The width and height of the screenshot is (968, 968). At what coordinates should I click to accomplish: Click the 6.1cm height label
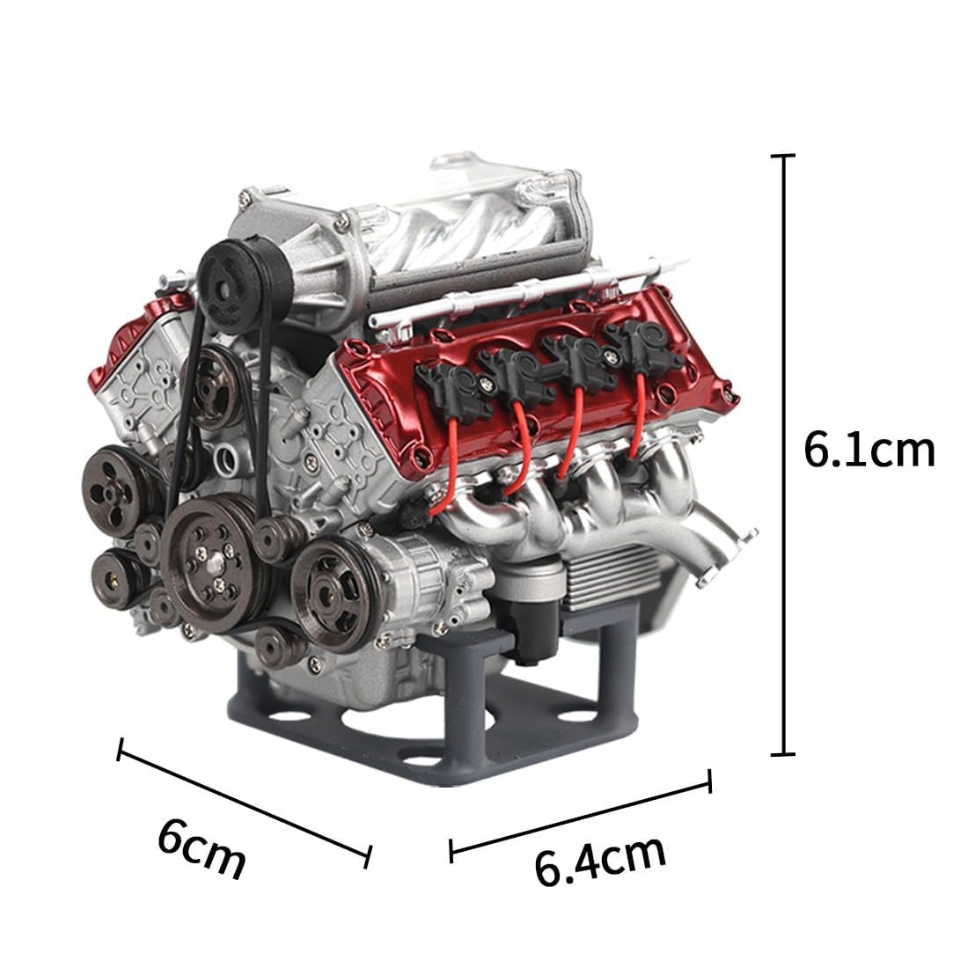point(868,451)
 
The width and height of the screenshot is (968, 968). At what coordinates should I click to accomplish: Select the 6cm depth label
point(202,847)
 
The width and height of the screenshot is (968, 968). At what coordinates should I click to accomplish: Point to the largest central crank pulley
point(211,555)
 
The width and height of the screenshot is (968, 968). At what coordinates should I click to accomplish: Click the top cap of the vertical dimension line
point(783,156)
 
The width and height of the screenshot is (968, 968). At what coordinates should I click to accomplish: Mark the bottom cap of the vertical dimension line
point(783,753)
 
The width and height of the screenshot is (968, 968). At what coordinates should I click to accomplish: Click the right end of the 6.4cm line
point(709,781)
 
